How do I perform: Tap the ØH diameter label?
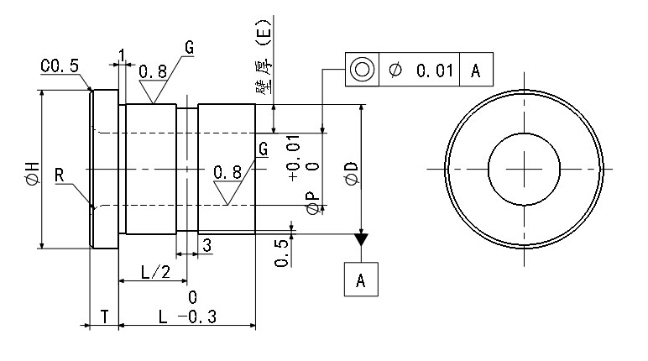pyautogui.click(x=33, y=173)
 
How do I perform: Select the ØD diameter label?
pyautogui.click(x=352, y=173)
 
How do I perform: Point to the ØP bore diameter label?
pyautogui.click(x=312, y=201)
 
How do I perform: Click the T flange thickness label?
pyautogui.click(x=103, y=317)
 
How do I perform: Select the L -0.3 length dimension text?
pyautogui.click(x=187, y=317)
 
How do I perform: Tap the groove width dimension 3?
pyautogui.click(x=206, y=244)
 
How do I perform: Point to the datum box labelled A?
pyautogui.click(x=361, y=280)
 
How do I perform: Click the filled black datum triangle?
pyautogui.click(x=361, y=240)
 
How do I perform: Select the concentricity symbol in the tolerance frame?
pyautogui.click(x=362, y=70)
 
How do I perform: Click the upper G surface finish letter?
pyautogui.click(x=190, y=48)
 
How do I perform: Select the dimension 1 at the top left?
pyautogui.click(x=123, y=55)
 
